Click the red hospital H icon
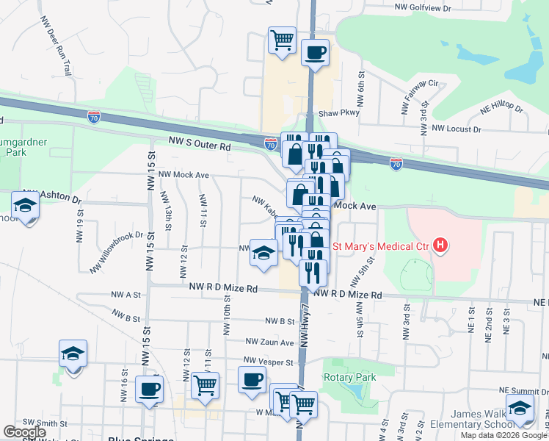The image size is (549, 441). pos(440,245)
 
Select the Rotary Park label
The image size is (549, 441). pos(349,377)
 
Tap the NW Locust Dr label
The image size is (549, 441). pos(456,129)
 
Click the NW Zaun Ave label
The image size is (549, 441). pos(269,342)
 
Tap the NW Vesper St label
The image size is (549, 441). pos(269,362)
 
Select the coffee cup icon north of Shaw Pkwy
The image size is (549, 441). pos(316,53)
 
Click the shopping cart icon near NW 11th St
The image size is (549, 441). pos(205,384)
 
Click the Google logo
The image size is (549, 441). pos(25,432)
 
